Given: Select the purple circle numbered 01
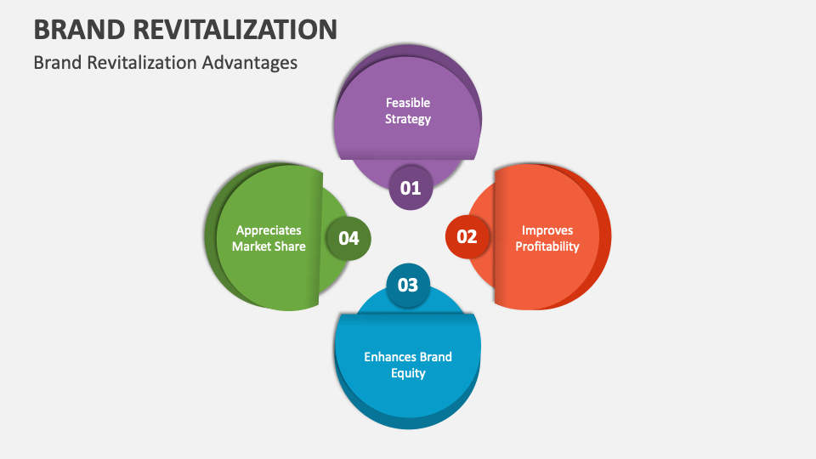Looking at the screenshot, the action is coord(411,187).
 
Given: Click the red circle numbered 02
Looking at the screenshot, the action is coord(467,237).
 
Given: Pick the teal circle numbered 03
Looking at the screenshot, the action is coord(408,285).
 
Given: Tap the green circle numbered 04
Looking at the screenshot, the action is coord(349,238).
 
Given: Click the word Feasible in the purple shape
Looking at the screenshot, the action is coord(408,103).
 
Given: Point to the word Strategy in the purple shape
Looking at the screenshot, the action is coord(408,119).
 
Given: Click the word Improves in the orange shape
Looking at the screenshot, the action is coord(547,230).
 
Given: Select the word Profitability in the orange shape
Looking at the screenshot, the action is coord(547,246).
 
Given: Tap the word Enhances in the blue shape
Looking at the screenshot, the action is coord(390,357).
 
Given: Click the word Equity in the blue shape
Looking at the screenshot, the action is coord(408,373).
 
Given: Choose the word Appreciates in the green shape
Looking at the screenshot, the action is coord(269,230).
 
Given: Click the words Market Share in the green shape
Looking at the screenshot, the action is coord(269,246).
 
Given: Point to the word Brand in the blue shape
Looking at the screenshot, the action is coord(435,357).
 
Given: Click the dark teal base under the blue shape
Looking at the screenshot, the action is coord(408,418).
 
